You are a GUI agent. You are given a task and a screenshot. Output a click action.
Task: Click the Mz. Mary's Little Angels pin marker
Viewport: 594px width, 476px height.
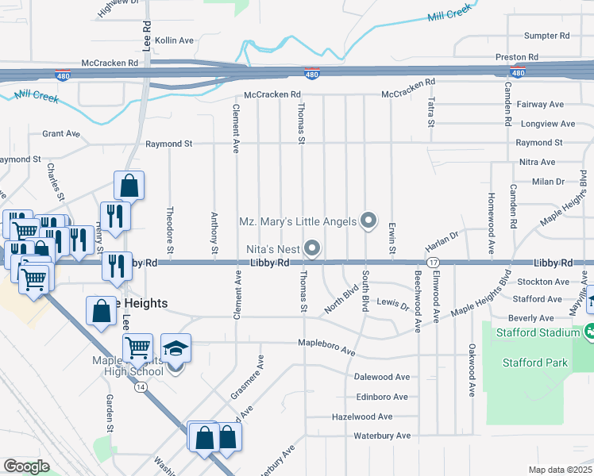[x=368, y=221]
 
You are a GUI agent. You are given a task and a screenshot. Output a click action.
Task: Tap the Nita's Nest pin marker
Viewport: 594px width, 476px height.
[x=312, y=249]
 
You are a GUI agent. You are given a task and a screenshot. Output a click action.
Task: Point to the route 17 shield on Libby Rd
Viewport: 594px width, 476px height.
[x=433, y=263]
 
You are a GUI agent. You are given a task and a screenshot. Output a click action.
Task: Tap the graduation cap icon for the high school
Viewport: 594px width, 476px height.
[x=176, y=347]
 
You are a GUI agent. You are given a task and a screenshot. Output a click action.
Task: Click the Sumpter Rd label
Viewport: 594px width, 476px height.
[x=548, y=36]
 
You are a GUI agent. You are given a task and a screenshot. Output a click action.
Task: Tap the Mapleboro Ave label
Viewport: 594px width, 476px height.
[x=326, y=344]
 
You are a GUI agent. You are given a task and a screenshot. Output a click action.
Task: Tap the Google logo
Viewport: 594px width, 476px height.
[x=26, y=466]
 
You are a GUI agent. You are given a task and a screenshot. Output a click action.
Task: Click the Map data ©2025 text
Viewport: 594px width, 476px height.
[x=560, y=470]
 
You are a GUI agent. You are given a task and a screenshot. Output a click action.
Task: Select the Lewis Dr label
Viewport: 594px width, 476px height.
[x=392, y=304]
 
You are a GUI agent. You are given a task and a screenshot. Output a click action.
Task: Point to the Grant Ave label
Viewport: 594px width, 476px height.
[x=61, y=133]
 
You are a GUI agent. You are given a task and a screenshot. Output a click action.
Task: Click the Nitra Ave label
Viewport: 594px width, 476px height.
[x=537, y=162]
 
